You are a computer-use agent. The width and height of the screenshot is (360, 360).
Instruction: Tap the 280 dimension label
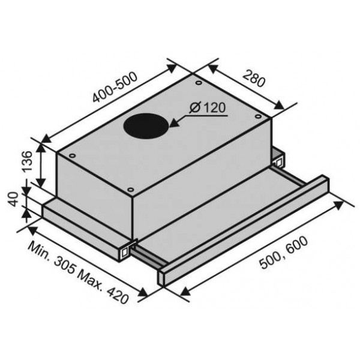pyautogui.click(x=254, y=79)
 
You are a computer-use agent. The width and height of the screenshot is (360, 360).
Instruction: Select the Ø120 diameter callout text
pyautogui.click(x=208, y=107)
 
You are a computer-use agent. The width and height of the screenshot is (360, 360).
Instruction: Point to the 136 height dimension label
pyautogui.click(x=27, y=161)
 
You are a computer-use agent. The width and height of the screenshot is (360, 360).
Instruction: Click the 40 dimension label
pyautogui.click(x=13, y=199)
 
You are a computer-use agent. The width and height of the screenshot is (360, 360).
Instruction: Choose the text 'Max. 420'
pyautogui.click(x=103, y=287)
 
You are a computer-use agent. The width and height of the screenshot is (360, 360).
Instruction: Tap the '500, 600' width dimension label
pyautogui.click(x=283, y=253)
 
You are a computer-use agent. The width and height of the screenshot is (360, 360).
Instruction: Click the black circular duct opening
pyautogui.click(x=146, y=126)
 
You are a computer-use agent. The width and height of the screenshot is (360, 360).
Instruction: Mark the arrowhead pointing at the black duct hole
pyautogui.click(x=173, y=123)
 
